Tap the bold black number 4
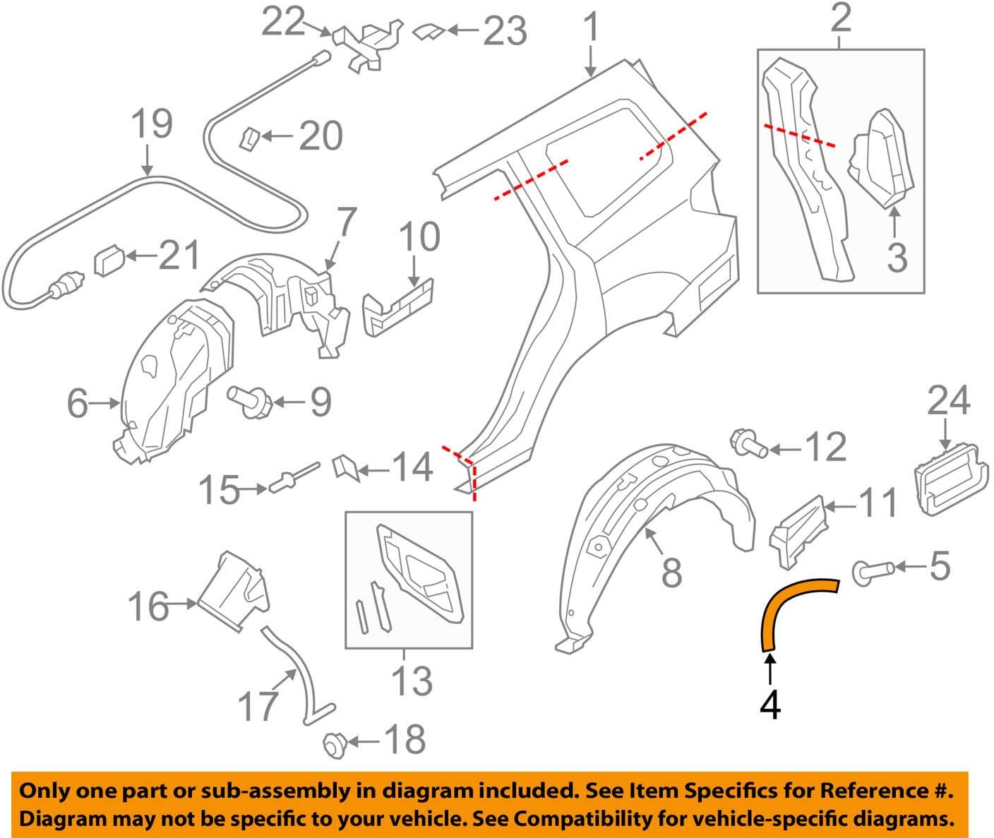coord(770,704)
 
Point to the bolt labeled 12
coord(750,444)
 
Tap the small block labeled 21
coord(108,262)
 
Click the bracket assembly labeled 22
coord(367,45)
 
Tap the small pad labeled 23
coord(426,31)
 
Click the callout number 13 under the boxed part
coord(412,681)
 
